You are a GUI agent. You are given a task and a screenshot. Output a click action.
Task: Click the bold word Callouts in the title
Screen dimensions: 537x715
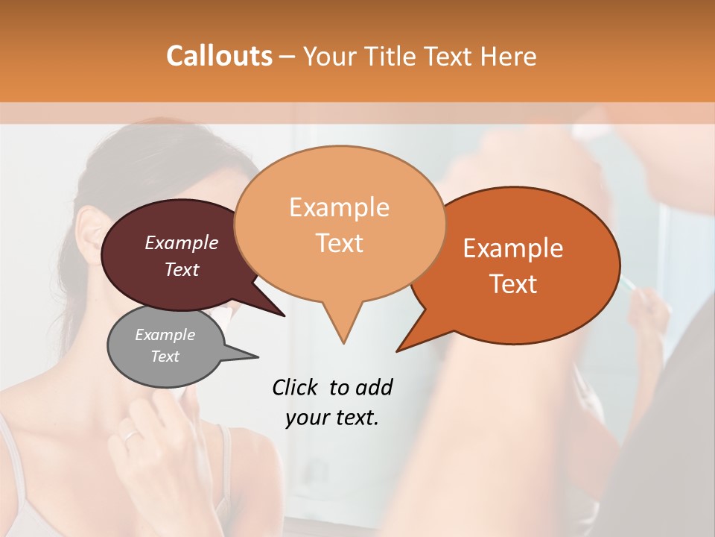219,56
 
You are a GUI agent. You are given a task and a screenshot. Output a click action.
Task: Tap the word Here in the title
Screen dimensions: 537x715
507,56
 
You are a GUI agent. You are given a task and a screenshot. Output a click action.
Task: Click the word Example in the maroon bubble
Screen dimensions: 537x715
181,242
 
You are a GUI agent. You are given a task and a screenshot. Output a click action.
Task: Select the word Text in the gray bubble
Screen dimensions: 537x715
165,357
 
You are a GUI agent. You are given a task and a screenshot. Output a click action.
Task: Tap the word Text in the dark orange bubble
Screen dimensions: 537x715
514,284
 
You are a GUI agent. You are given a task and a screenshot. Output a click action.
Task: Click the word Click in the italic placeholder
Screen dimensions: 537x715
296,387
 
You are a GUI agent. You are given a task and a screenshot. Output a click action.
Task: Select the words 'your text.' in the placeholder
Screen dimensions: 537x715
332,418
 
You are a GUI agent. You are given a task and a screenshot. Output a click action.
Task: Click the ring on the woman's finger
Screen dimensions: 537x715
130,435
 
